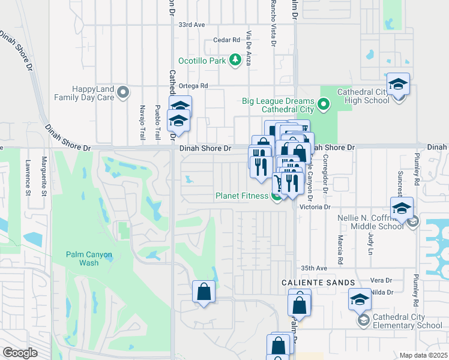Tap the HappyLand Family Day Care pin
pyautogui.click(x=123, y=92)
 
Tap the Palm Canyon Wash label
pyautogui.click(x=89, y=259)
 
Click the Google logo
pyautogui.click(x=20, y=353)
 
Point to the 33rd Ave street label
pyautogui.click(x=191, y=25)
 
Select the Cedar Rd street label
pyautogui.click(x=226, y=40)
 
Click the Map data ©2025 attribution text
pyautogui.click(x=424, y=355)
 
